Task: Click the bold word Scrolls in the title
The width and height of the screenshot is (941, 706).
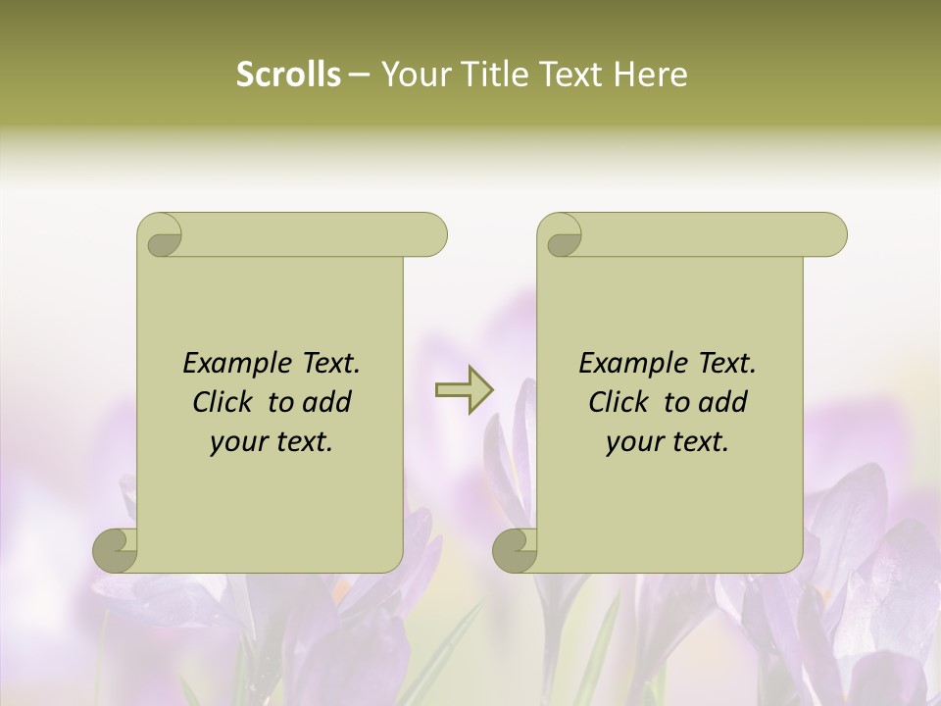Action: pos(288,75)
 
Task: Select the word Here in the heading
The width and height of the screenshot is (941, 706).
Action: pos(650,75)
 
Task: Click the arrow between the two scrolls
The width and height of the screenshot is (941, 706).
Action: pos(464,390)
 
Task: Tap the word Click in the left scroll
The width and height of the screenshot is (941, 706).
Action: pos(223,403)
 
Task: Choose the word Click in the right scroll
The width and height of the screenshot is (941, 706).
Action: pos(619,403)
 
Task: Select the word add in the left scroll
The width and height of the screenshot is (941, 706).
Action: pos(326,403)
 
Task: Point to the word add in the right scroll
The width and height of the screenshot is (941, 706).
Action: pos(722,403)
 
